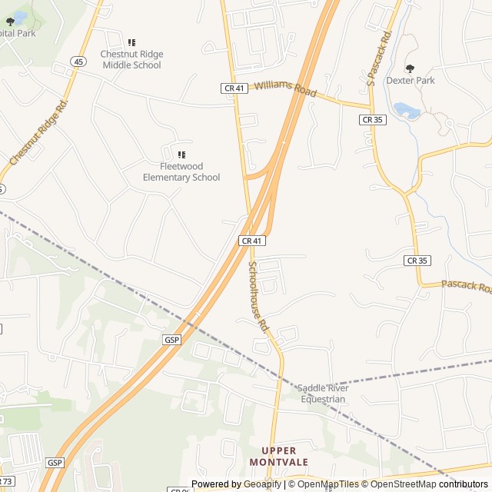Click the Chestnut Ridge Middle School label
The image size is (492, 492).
131,60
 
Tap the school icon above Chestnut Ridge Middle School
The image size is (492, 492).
131,42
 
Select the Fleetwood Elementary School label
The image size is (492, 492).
181,172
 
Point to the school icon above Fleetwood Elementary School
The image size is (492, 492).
181,155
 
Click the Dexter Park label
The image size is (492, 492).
411,80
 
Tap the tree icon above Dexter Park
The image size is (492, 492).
410,68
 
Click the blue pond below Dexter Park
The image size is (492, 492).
406,111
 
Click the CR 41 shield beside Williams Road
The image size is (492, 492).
234,88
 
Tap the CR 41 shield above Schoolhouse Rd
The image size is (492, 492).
252,241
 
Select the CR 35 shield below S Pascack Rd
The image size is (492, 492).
373,120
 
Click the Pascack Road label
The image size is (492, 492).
466,287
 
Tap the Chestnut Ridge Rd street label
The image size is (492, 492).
38,132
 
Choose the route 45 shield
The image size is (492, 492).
78,61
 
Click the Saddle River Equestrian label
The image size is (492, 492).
324,394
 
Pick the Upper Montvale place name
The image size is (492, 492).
278,456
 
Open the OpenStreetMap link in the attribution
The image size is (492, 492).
404,484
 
